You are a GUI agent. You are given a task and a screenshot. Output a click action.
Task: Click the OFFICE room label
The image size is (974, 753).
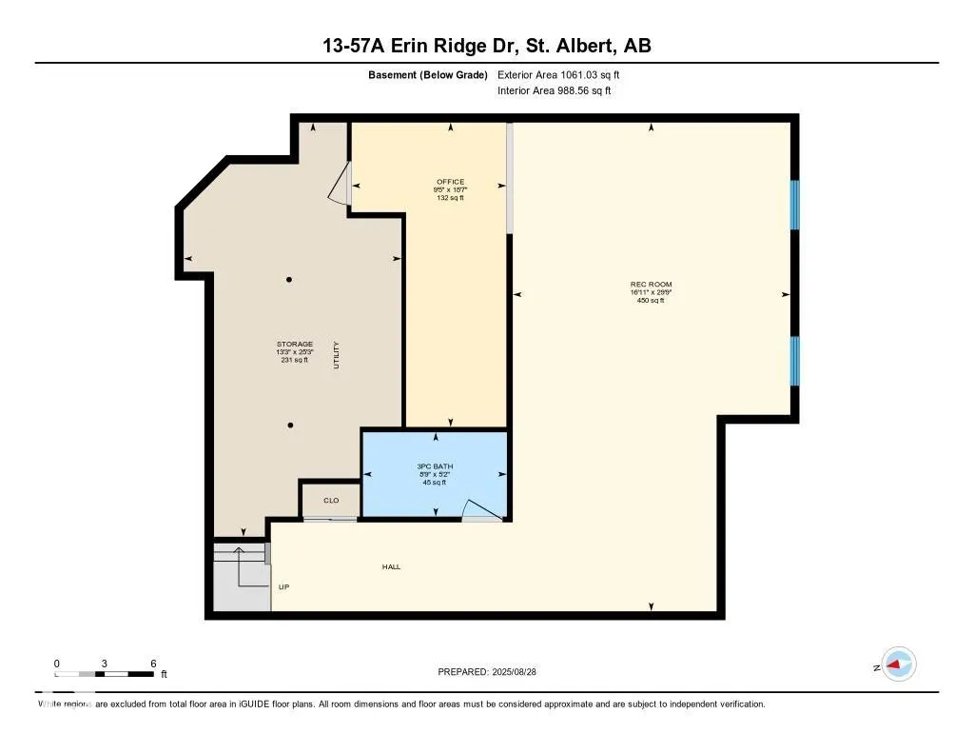click(450, 182)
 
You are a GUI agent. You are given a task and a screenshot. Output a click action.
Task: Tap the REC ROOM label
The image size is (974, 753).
click(651, 285)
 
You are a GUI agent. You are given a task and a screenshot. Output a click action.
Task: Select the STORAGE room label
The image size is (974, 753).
click(294, 344)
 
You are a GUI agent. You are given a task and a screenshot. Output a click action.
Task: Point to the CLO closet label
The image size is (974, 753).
click(331, 500)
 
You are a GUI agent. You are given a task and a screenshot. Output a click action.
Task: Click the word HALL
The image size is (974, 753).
click(391, 566)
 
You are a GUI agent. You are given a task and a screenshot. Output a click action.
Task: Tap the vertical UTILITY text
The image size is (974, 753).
click(336, 356)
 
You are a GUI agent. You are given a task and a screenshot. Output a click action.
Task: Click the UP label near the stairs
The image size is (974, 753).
click(283, 586)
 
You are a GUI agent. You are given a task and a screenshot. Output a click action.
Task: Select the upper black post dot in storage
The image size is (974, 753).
click(289, 279)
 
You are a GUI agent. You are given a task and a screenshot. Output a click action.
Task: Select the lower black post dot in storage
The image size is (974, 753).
click(290, 425)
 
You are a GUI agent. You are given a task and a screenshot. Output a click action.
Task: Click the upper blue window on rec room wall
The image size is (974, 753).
click(795, 205)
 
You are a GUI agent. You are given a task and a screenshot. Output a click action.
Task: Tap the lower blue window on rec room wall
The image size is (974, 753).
click(795, 361)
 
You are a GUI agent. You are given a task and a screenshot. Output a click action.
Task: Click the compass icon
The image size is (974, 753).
click(898, 664)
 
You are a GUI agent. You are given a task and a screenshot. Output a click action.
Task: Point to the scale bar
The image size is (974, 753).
click(105, 674)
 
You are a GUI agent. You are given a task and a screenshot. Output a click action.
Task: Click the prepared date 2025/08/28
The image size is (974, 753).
click(519, 672)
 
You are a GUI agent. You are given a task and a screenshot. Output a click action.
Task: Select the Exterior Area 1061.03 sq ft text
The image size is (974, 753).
click(559, 74)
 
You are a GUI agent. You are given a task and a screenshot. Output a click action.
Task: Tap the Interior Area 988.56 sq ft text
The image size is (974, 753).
click(554, 91)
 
